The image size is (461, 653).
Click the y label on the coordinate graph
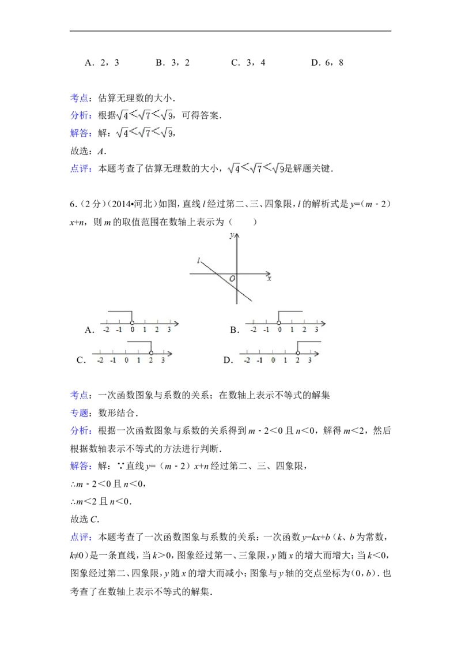click(232, 235)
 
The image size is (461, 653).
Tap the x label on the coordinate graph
click(269, 279)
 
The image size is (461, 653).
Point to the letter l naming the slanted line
click(198, 261)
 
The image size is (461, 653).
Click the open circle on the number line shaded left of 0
click(132, 323)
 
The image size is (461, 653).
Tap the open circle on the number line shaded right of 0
click(279, 323)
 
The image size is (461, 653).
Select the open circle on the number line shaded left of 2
click(150, 353)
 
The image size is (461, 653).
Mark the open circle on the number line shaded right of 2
click(298, 353)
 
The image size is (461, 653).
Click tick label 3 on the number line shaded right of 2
click(310, 361)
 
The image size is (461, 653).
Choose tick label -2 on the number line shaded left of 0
click(106, 330)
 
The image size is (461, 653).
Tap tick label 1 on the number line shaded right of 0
click(292, 330)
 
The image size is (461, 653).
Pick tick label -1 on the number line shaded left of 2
click(113, 361)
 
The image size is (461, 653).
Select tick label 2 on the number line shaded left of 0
click(157, 330)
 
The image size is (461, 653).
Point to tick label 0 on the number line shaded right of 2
click(273, 361)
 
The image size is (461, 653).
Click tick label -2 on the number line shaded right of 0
click(254, 330)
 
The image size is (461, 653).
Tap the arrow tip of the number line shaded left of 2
click(172, 353)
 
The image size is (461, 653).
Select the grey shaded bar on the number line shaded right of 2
click(309, 340)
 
